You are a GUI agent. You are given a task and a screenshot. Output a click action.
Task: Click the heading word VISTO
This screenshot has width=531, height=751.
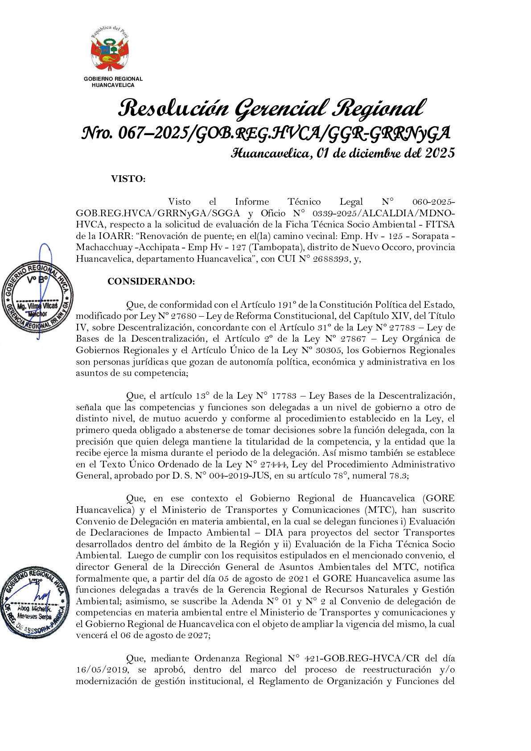(128, 179)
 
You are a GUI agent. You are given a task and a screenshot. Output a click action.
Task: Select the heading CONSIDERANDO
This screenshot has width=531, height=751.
(151, 281)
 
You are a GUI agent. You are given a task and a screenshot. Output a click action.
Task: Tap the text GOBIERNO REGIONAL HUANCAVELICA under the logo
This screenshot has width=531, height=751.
(113, 82)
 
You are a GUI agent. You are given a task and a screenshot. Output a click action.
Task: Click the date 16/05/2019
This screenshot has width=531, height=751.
(103, 670)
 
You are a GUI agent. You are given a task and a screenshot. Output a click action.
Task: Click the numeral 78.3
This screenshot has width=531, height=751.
(397, 476)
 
